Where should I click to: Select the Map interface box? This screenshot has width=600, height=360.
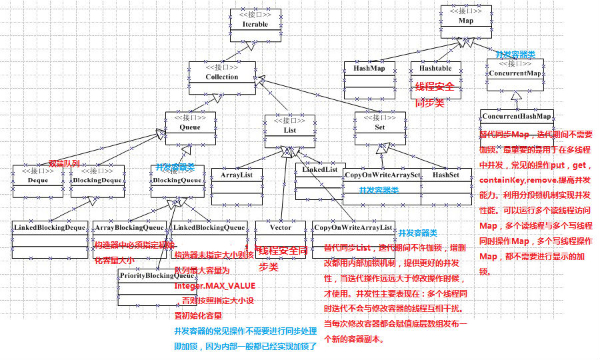click(466, 21)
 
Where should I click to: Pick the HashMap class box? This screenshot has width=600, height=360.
click(369, 76)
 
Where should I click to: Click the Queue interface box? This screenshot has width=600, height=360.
click(189, 125)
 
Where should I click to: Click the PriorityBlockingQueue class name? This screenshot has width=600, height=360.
click(156, 275)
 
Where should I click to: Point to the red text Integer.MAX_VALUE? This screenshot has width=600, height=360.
click(215, 285)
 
